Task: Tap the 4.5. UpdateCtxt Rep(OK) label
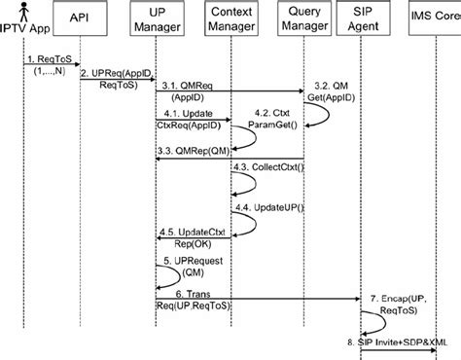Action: [x=199, y=236]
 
